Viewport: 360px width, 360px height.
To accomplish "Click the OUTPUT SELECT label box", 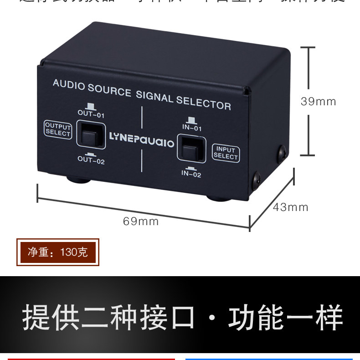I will pyautogui.click(x=58, y=130).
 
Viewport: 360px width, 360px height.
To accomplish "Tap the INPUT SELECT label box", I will pyautogui.click(x=226, y=153).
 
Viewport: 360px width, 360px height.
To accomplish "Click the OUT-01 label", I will pyautogui.click(x=91, y=114).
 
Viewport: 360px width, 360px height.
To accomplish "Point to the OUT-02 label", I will pyautogui.click(x=91, y=159).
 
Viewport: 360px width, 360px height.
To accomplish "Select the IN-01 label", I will pyautogui.click(x=192, y=128).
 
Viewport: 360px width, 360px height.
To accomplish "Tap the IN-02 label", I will pyautogui.click(x=191, y=174).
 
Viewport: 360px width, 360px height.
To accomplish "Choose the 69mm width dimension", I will pyautogui.click(x=141, y=221).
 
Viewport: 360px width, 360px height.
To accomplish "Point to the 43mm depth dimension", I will pyautogui.click(x=291, y=207).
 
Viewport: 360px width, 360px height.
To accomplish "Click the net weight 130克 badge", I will pyautogui.click(x=57, y=252).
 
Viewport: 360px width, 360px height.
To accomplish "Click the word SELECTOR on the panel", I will pyautogui.click(x=203, y=103).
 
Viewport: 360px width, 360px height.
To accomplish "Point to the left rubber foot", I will pyautogui.click(x=79, y=179).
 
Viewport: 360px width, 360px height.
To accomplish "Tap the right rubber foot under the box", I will pyautogui.click(x=219, y=198).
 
